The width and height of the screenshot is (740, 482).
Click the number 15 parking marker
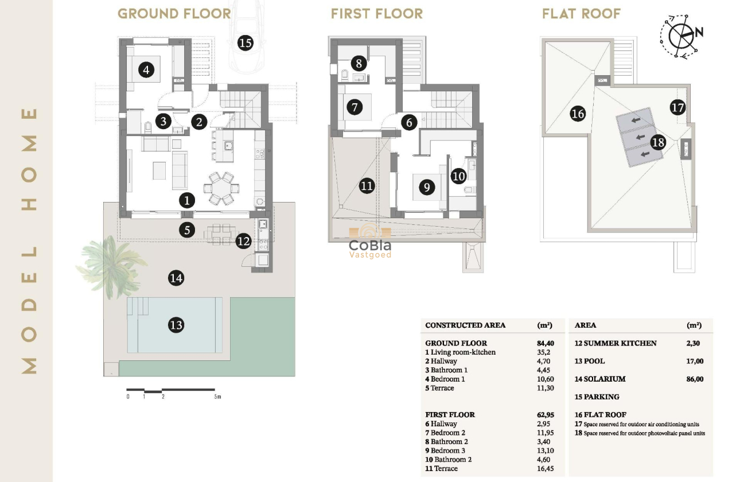tap(246, 42)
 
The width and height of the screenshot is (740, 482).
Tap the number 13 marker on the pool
tap(176, 325)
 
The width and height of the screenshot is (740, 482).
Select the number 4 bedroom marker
tap(146, 70)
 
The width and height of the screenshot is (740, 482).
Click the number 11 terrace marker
tap(367, 185)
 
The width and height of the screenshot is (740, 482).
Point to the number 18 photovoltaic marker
tap(658, 142)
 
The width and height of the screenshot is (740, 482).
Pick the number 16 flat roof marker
tap(578, 114)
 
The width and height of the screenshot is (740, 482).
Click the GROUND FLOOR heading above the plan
tap(174, 14)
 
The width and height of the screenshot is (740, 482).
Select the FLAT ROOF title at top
tap(581, 14)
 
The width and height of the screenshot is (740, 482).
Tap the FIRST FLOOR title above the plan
tap(376, 14)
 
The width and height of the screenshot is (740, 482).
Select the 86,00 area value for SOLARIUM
tap(695, 379)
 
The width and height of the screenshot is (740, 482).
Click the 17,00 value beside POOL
tap(695, 361)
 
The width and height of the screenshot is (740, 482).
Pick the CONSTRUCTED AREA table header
tap(465, 325)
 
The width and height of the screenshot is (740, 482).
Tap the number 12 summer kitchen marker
tap(243, 242)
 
